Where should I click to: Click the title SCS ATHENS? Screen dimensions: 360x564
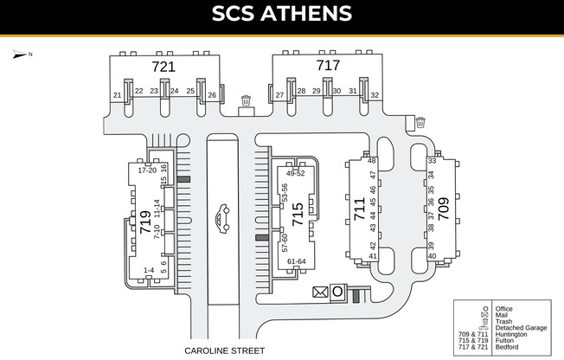pos(282,14)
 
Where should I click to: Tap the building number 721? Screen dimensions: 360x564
pos(163,66)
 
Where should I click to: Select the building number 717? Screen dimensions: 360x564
pos(328,65)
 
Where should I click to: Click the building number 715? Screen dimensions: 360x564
pos(298,215)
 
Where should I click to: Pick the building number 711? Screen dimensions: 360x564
pos(359,210)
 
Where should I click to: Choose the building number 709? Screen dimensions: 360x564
pos(443,210)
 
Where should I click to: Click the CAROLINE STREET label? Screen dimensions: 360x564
pos(225,351)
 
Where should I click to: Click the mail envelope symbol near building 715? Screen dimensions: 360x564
pos(320,292)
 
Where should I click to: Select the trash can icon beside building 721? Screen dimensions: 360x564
pos(247,101)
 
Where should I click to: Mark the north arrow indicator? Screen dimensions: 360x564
pos(20,55)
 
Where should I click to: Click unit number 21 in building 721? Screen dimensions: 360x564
pos(118,95)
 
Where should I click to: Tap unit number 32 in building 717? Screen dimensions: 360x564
pos(375,94)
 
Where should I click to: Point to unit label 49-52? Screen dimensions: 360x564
pos(295,173)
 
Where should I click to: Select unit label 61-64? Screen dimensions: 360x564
pos(296,261)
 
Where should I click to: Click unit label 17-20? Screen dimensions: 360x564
pos(146,170)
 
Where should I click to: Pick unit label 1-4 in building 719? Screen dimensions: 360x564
pos(148,270)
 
